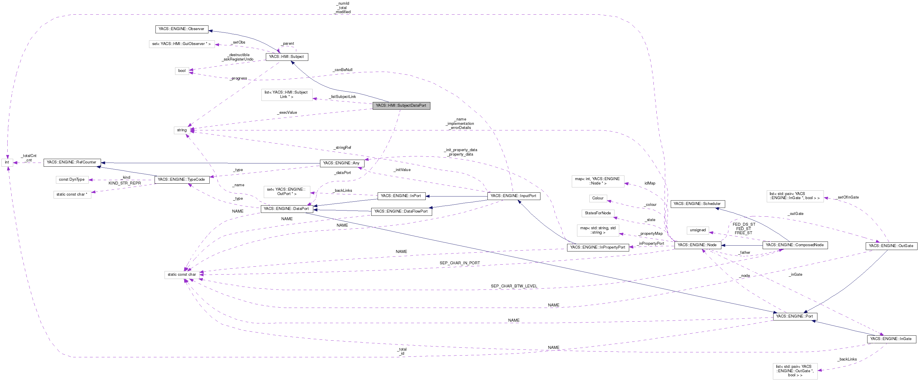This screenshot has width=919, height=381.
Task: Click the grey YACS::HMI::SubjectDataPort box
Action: tap(401, 106)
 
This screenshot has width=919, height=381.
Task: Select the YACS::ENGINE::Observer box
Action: tap(181, 29)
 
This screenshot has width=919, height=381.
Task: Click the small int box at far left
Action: tap(7, 163)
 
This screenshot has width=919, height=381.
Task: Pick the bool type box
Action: tap(182, 70)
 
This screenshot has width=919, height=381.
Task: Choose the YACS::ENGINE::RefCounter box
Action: tap(72, 162)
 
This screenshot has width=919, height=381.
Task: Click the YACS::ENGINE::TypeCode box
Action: tap(181, 179)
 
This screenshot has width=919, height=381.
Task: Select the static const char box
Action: tap(182, 275)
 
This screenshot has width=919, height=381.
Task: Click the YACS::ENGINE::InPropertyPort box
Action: tap(597, 247)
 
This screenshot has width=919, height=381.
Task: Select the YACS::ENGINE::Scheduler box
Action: tap(697, 204)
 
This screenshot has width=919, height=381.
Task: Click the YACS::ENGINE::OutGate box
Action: tap(891, 246)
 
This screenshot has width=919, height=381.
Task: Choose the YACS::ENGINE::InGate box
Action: tap(891, 339)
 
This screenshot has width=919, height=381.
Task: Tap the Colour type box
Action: tap(598, 198)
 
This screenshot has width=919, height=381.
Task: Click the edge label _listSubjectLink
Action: tap(342, 96)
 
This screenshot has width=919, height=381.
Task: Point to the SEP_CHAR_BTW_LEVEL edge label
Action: tap(514, 286)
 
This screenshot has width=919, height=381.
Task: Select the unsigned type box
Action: tap(697, 230)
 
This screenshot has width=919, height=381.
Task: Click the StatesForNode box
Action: tap(598, 213)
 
